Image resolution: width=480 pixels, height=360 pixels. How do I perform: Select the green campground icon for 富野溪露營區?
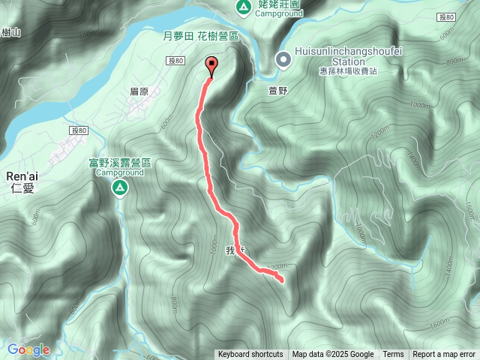click(119, 189)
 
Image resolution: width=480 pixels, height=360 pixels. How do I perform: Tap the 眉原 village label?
click(139, 91)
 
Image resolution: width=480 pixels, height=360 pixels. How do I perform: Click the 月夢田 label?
click(178, 35)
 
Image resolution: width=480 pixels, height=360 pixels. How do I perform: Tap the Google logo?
click(28, 349)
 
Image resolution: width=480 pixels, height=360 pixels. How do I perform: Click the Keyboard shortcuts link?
click(250, 355)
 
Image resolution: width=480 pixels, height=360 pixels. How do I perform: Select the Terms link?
click(393, 355)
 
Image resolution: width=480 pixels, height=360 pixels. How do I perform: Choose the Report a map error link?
click(444, 355)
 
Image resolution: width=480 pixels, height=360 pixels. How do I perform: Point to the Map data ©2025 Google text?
click(333, 355)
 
